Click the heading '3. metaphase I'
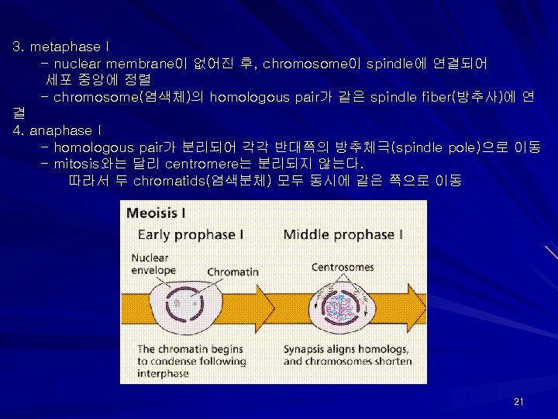[x=57, y=47]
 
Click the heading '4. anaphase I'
[x=57, y=130]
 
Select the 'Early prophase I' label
[x=191, y=234]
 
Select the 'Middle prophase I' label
[x=343, y=234]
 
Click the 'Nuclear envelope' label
[x=153, y=265]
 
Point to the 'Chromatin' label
[x=232, y=272]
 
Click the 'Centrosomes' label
[x=342, y=268]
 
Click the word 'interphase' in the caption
[x=163, y=373]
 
